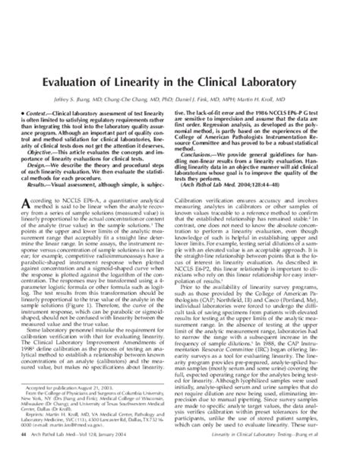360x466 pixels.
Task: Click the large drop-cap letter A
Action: click(x=35, y=201)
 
